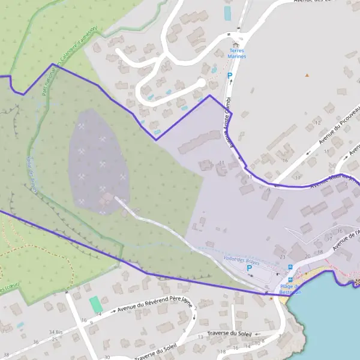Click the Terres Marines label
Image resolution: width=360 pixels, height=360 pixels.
point(238,53)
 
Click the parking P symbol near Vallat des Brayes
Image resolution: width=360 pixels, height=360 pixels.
point(249,268)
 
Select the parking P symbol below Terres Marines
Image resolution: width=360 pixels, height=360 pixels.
point(229,76)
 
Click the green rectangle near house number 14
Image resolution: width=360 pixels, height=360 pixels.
point(96,304)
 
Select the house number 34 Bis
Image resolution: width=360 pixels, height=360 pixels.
point(56,332)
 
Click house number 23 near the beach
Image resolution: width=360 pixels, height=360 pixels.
point(282,257)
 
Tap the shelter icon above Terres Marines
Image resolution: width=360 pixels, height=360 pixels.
point(235,44)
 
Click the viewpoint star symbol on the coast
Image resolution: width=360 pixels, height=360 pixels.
point(358,281)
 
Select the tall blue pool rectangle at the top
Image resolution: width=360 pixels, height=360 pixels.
point(227,13)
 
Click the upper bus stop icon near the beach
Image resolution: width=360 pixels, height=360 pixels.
point(290,267)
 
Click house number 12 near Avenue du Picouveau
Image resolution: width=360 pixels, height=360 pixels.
point(317,122)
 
